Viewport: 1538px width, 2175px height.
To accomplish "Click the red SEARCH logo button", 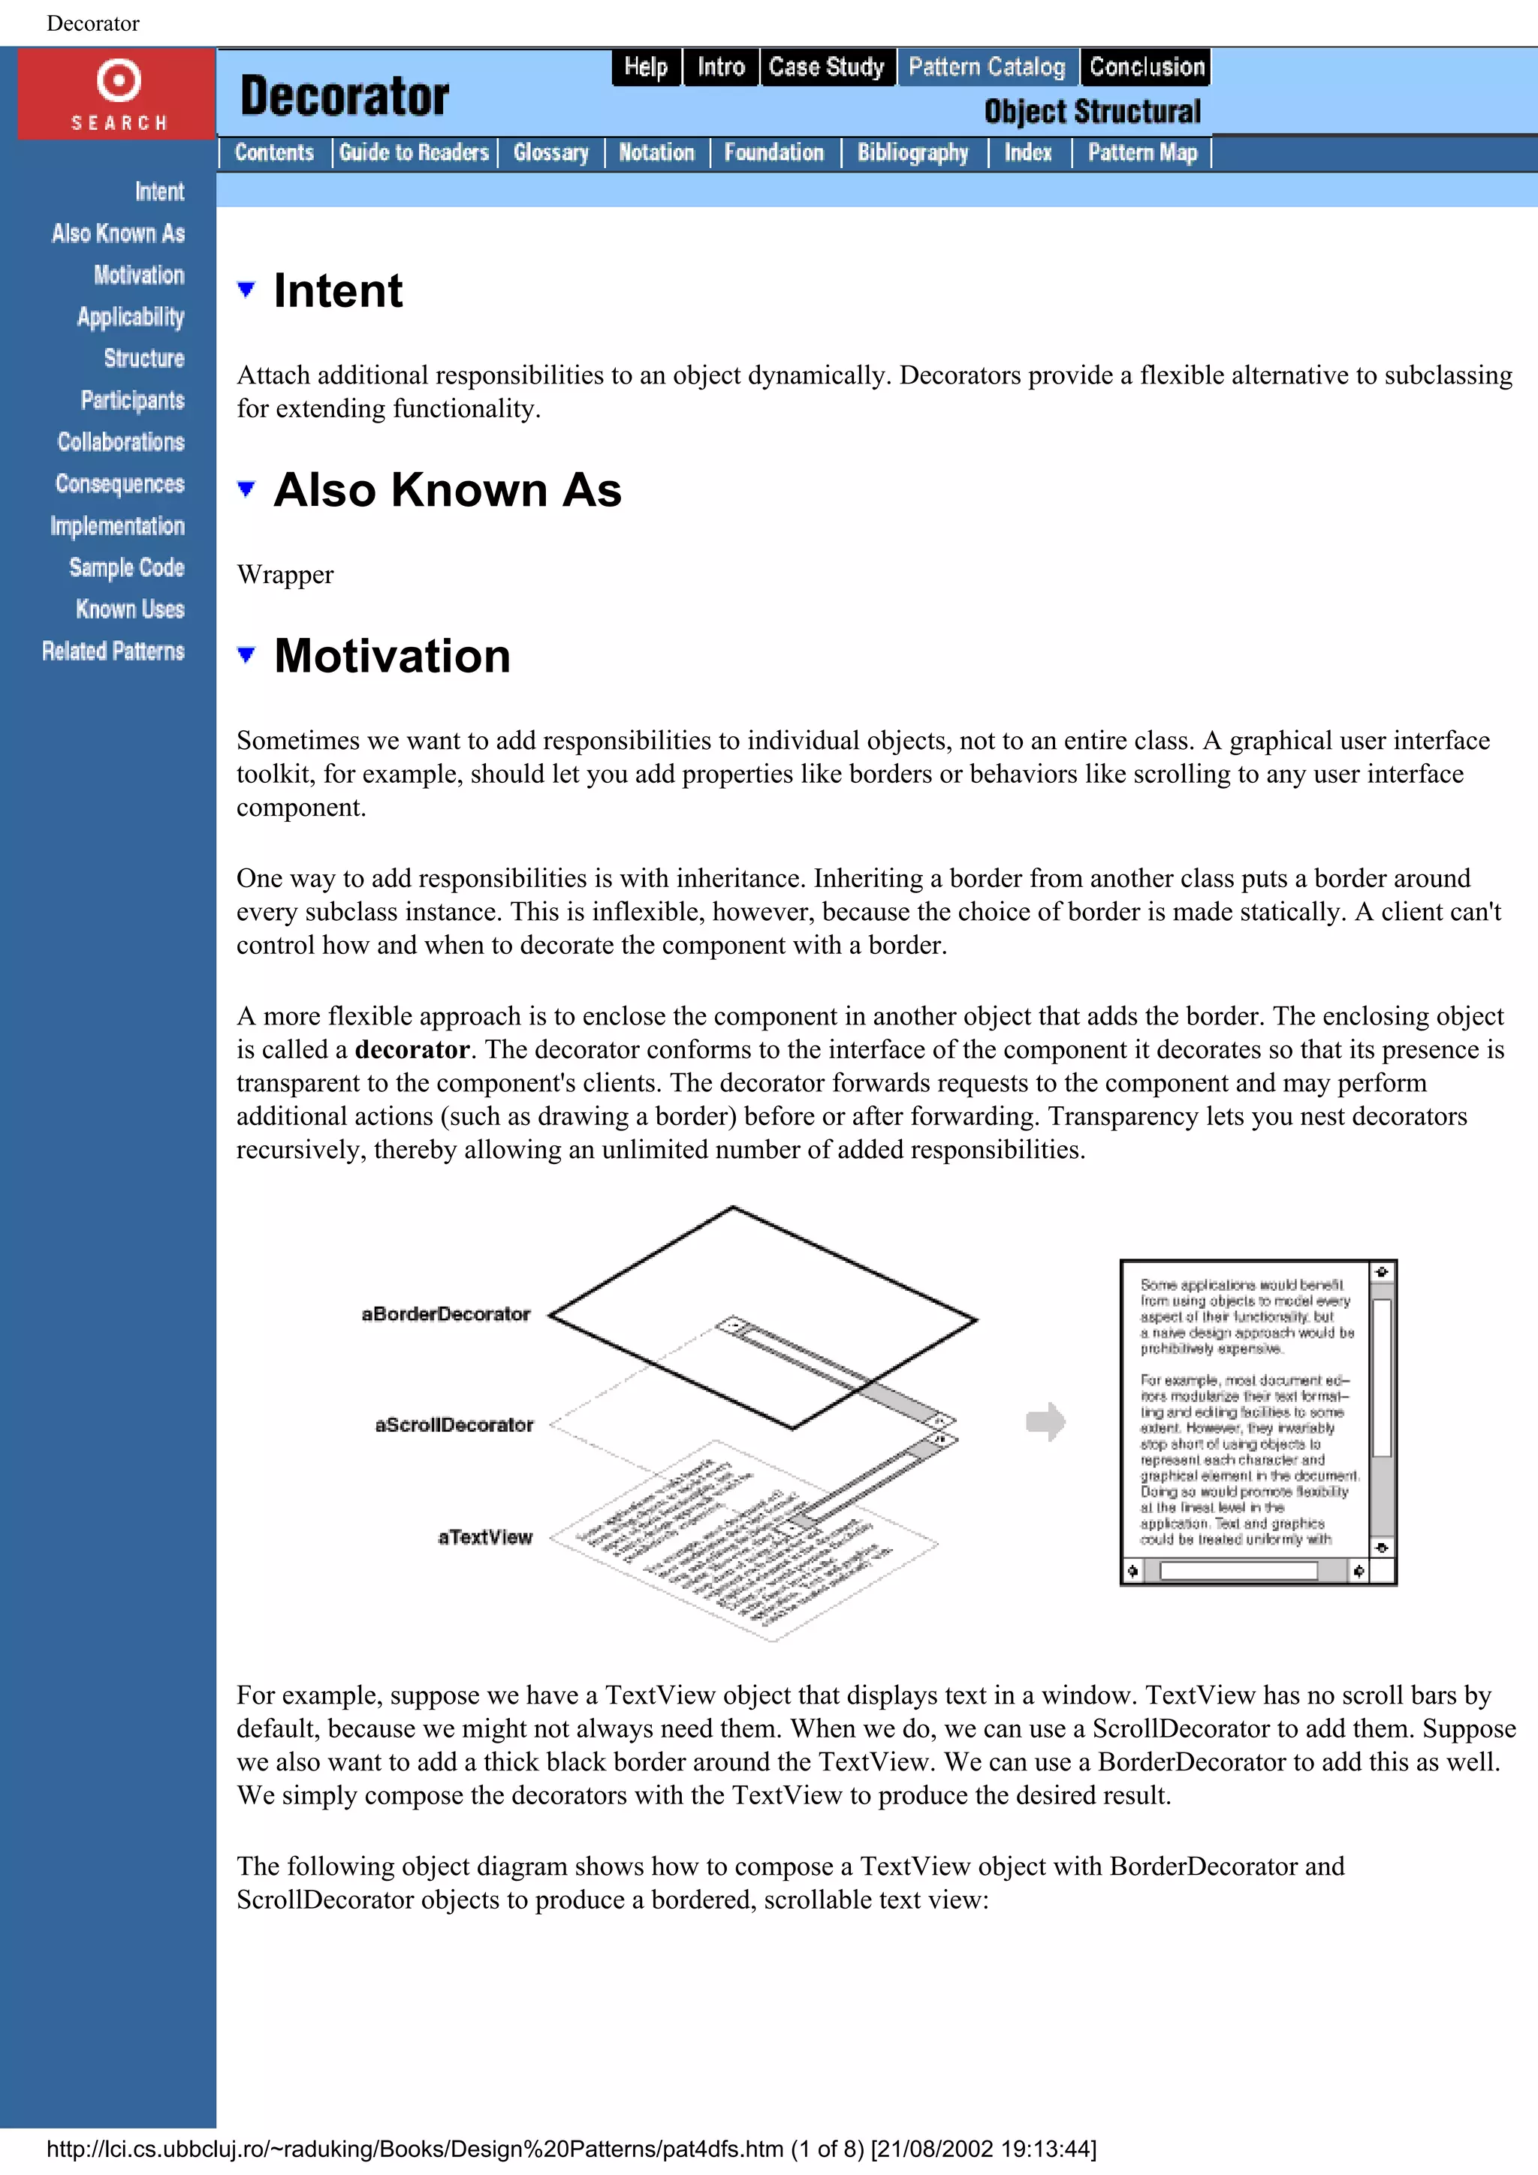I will (117, 94).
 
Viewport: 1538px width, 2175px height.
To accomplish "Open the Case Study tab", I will (825, 68).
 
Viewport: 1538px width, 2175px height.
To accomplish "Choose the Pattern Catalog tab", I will (987, 68).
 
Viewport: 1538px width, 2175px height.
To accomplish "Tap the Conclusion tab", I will (1146, 68).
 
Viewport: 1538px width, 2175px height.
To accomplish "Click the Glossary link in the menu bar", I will (550, 152).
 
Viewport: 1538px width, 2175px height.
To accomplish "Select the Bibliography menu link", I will (912, 152).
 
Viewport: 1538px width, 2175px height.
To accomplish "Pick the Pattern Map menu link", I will (1142, 152).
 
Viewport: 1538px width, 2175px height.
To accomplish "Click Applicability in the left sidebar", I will (131, 317).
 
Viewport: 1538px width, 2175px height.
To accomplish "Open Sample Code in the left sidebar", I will (126, 567).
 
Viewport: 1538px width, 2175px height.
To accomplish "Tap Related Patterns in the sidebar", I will (113, 651).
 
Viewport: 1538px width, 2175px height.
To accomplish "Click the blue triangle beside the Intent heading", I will (246, 289).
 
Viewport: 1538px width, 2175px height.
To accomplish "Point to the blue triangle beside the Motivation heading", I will (246, 654).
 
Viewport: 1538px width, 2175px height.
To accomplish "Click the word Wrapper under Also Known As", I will (285, 574).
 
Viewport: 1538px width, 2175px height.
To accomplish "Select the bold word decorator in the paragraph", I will (412, 1050).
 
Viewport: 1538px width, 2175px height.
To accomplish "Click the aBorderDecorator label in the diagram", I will (445, 1314).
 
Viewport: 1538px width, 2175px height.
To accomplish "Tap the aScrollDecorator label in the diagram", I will (454, 1424).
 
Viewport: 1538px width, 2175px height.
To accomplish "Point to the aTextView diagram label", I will (484, 1536).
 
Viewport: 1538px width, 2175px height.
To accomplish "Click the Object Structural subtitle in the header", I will (1092, 112).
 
